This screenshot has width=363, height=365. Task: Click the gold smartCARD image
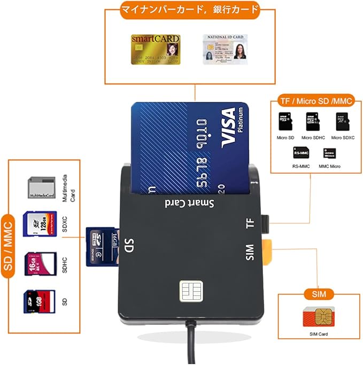point(156,50)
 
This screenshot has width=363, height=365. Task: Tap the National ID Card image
point(225,49)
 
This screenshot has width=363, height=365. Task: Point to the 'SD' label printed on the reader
point(129,247)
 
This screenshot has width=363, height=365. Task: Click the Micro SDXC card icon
point(343,123)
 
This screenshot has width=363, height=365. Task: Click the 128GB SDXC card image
point(41,224)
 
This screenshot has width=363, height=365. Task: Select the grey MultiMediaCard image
point(41,187)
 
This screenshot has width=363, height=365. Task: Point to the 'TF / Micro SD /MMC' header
point(316,101)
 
